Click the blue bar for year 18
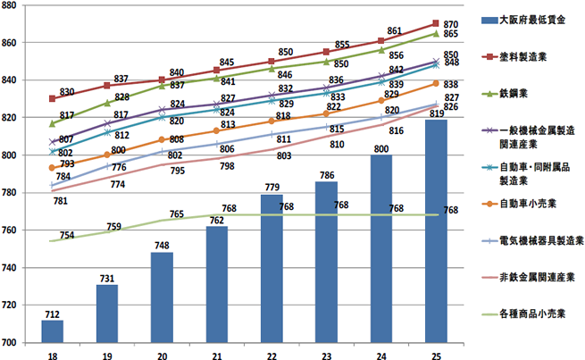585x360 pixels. (x=52, y=331)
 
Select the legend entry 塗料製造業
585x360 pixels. (x=530, y=55)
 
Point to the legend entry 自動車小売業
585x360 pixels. (x=530, y=203)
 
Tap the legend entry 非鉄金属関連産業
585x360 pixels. (x=536, y=277)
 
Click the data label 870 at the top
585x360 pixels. (x=451, y=24)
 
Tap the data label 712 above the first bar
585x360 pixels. (x=52, y=313)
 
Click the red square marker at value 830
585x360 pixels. (x=52, y=98)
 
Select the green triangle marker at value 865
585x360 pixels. (x=434, y=33)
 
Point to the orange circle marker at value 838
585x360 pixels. (x=434, y=83)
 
